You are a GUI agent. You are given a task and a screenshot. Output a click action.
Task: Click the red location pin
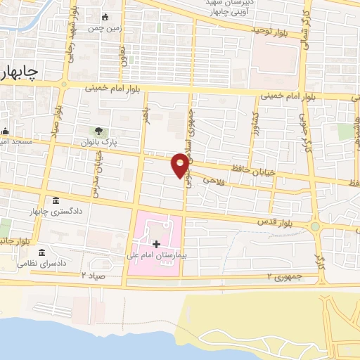click(x=181, y=165)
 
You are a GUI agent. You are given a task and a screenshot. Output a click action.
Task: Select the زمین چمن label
click(x=105, y=28)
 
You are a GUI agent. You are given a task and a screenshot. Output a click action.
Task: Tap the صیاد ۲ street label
click(x=94, y=275)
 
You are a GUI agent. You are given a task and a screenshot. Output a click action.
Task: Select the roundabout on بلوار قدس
click(x=315, y=226)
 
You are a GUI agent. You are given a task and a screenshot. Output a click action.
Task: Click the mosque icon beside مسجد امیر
click(x=5, y=130)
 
